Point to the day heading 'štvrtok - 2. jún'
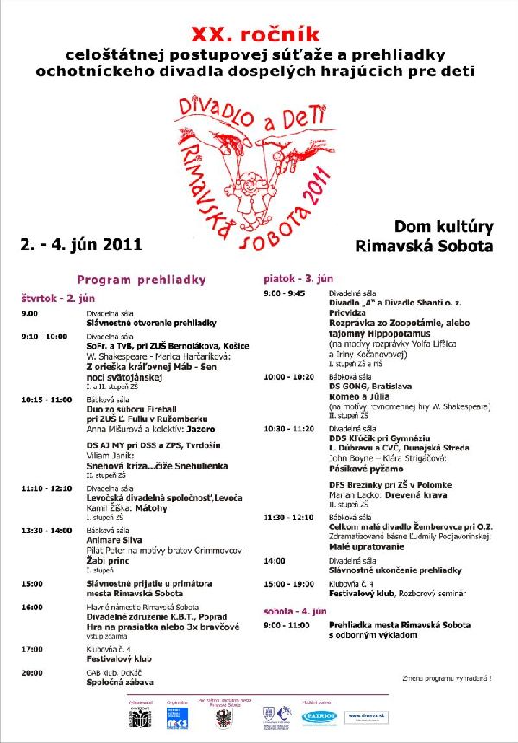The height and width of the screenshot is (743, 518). pos(59,297)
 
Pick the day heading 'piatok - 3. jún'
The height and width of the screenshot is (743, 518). pos(299,279)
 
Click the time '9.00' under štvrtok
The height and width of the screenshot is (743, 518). pos(30,313)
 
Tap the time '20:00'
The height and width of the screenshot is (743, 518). pos(32,671)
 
